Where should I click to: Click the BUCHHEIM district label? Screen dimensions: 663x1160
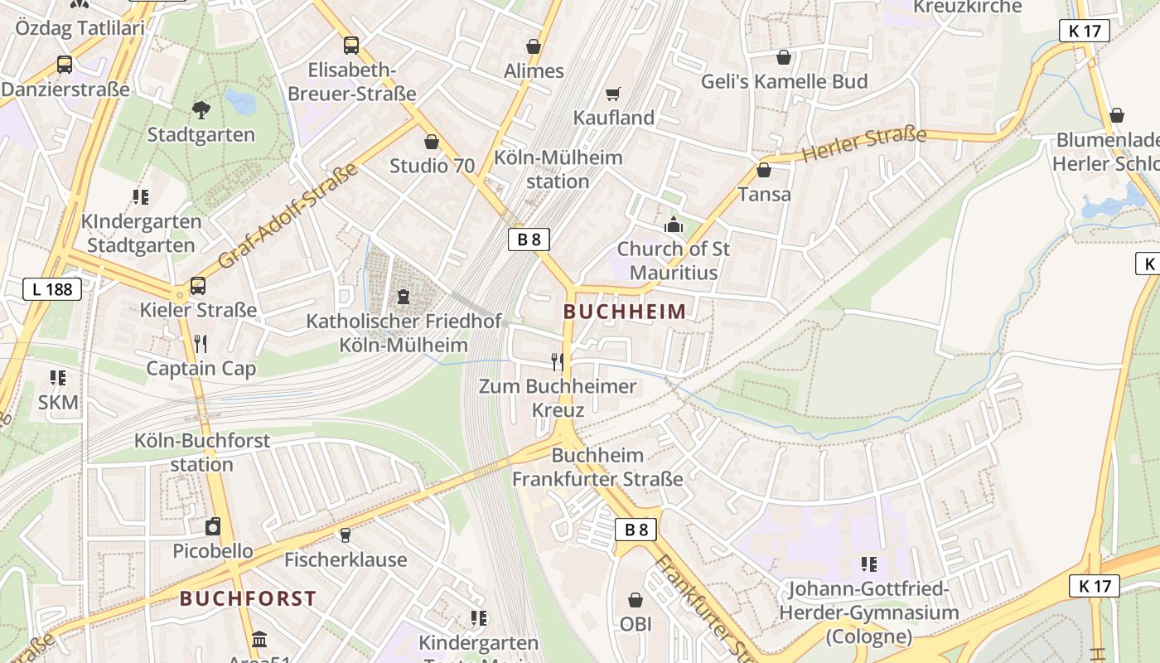tap(625, 312)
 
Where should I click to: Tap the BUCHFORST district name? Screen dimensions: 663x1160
tap(248, 598)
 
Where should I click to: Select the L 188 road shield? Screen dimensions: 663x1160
tap(52, 289)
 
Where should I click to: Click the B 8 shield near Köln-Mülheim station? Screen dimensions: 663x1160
tap(529, 240)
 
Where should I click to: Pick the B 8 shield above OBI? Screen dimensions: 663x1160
tap(636, 530)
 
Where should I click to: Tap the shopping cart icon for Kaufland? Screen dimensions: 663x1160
tap(613, 94)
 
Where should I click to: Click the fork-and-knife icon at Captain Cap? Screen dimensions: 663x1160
tap(200, 344)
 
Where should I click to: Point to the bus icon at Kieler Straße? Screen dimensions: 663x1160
tap(198, 286)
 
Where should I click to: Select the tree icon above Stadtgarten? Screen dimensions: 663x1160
tap(201, 109)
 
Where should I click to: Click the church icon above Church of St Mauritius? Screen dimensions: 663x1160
tap(673, 225)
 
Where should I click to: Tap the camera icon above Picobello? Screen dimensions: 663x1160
tap(213, 526)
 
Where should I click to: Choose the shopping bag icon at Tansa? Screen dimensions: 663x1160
tap(764, 171)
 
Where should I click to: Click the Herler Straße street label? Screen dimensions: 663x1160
tap(863, 144)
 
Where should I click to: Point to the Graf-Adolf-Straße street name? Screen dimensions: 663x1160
tap(288, 216)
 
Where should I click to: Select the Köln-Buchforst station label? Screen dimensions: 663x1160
tap(202, 452)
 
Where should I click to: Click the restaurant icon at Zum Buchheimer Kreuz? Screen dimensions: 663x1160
tap(558, 362)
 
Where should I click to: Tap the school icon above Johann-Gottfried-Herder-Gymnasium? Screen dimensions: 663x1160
tap(868, 564)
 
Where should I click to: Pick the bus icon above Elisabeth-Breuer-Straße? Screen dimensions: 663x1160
tap(351, 46)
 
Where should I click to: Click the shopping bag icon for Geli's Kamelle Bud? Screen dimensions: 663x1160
tap(784, 57)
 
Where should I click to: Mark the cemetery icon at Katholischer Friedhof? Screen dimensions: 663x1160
tap(404, 296)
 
